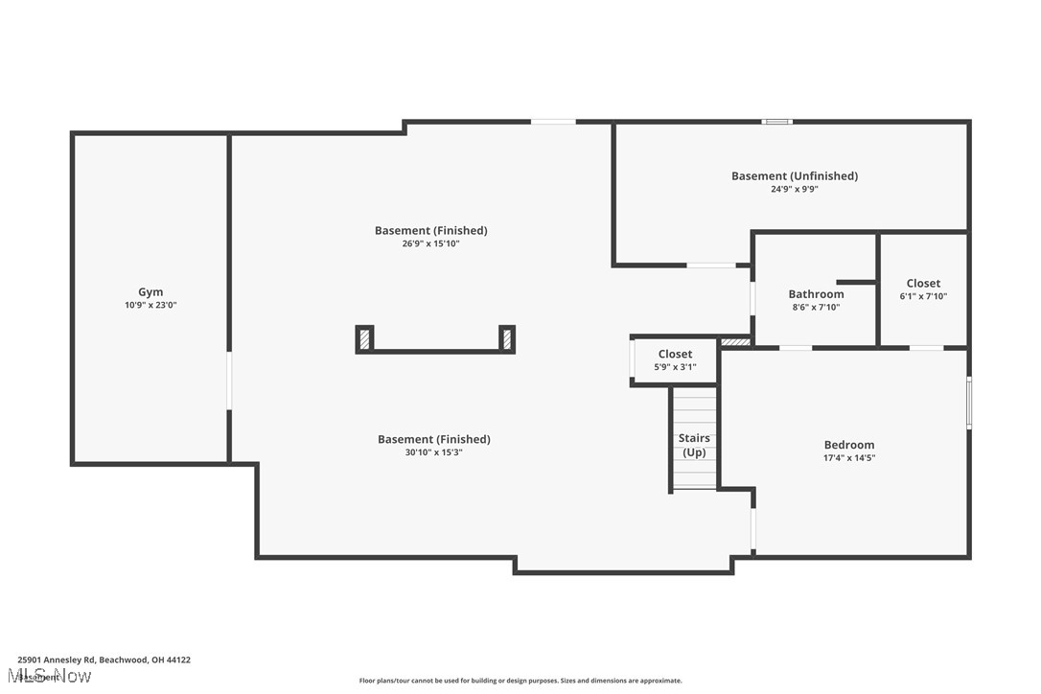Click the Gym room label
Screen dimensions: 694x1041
pyautogui.click(x=150, y=292)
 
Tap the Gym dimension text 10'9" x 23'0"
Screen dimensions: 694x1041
pyautogui.click(x=150, y=306)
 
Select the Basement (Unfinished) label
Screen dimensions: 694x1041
pyautogui.click(x=794, y=176)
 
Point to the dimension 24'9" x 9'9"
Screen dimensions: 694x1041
pyautogui.click(x=794, y=190)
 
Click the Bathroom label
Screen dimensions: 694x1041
pyautogui.click(x=816, y=294)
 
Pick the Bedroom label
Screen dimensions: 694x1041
pyautogui.click(x=848, y=445)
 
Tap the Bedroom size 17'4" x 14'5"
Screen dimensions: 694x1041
pyautogui.click(x=848, y=458)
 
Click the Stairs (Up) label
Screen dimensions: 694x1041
pyautogui.click(x=694, y=445)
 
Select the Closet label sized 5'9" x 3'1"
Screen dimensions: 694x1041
pyautogui.click(x=675, y=355)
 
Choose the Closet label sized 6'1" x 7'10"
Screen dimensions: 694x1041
pyautogui.click(x=923, y=284)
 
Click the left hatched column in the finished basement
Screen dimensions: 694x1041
pyautogui.click(x=364, y=338)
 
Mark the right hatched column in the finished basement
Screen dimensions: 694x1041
pyautogui.click(x=506, y=338)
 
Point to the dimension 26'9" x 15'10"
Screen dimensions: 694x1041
pyautogui.click(x=430, y=244)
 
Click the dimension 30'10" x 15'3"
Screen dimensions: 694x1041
pyautogui.click(x=433, y=452)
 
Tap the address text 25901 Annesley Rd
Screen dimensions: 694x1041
pyautogui.click(x=104, y=659)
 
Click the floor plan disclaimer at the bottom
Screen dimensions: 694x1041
pyautogui.click(x=520, y=681)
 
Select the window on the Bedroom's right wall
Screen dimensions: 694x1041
pyautogui.click(x=969, y=403)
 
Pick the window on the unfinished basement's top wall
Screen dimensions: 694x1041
pyautogui.click(x=776, y=122)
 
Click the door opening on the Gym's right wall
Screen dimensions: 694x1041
pyautogui.click(x=228, y=381)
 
